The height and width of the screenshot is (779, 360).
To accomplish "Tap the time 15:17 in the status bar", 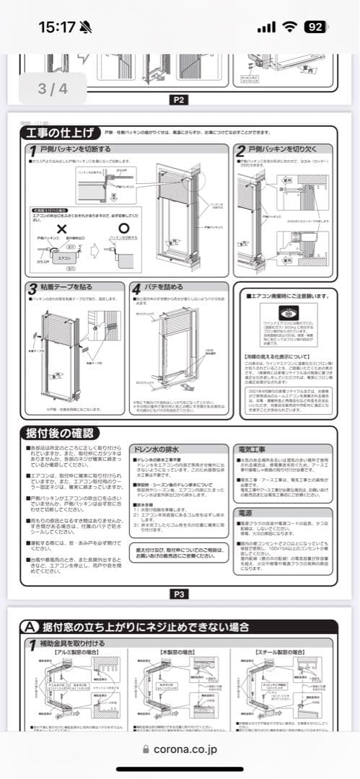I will tap(56, 27).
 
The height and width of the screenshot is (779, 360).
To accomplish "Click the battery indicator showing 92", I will tap(315, 27).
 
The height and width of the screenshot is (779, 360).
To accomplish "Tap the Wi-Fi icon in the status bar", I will tap(290, 27).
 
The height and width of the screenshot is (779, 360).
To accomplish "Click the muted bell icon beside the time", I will tap(87, 27).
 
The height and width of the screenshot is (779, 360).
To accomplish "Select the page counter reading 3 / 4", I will tap(52, 89).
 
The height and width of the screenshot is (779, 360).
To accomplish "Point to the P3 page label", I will tap(179, 594).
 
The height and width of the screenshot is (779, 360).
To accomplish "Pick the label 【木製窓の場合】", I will tap(176, 652).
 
